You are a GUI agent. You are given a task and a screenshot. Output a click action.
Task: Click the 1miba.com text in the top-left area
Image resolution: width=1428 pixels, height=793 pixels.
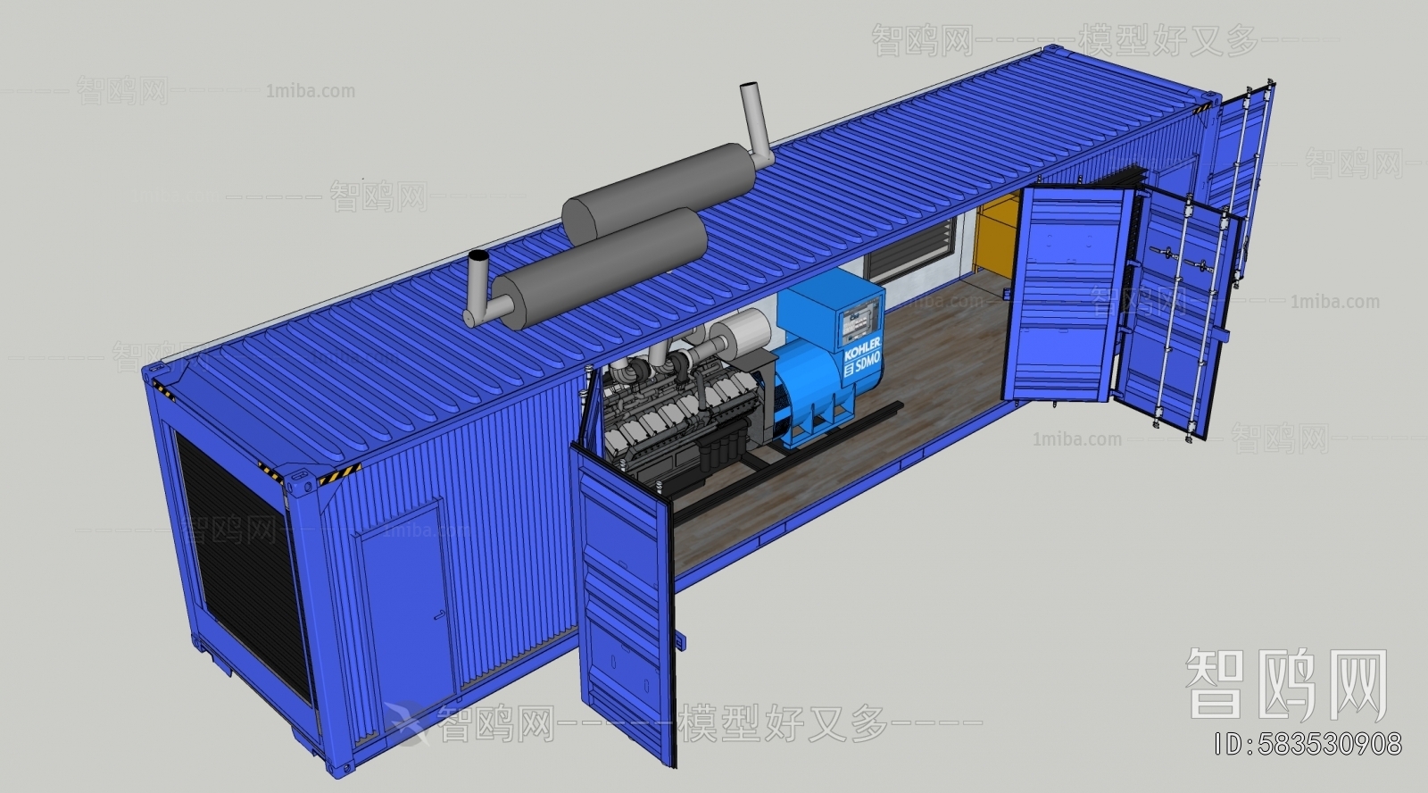pyautogui.click(x=310, y=91)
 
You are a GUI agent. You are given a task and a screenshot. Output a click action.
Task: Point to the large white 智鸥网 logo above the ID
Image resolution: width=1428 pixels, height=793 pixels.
pyautogui.click(x=1286, y=683)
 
